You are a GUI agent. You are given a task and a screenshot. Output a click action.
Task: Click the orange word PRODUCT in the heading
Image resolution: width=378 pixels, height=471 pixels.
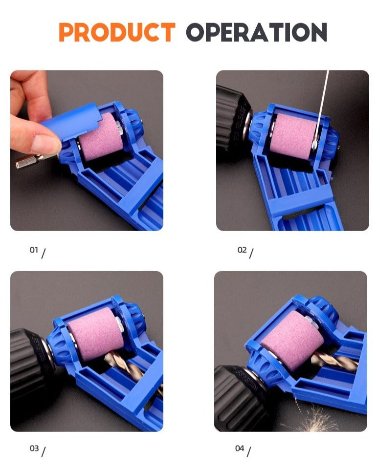pos(117,32)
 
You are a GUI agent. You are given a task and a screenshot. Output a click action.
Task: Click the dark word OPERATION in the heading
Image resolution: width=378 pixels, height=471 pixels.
pos(257,32)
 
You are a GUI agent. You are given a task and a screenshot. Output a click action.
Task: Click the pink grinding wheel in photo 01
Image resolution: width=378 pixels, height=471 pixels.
pos(101,137)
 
